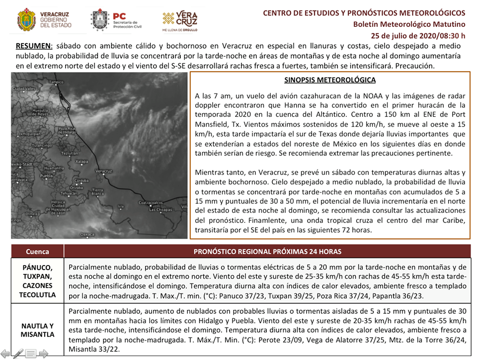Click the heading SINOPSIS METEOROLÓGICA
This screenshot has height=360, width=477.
[x=330, y=80]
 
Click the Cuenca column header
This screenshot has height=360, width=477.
[x=37, y=252]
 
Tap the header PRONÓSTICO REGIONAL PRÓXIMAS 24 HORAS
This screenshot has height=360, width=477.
[x=267, y=252]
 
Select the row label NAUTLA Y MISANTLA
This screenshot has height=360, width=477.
[x=37, y=330]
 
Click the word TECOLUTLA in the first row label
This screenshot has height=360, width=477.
[x=37, y=295]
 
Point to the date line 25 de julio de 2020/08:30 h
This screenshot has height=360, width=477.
[x=418, y=35]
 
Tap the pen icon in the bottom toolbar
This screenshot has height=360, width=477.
[x=18, y=354]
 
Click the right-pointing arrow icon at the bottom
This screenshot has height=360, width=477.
[x=44, y=354]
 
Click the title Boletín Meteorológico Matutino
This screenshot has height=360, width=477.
[x=409, y=24]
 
